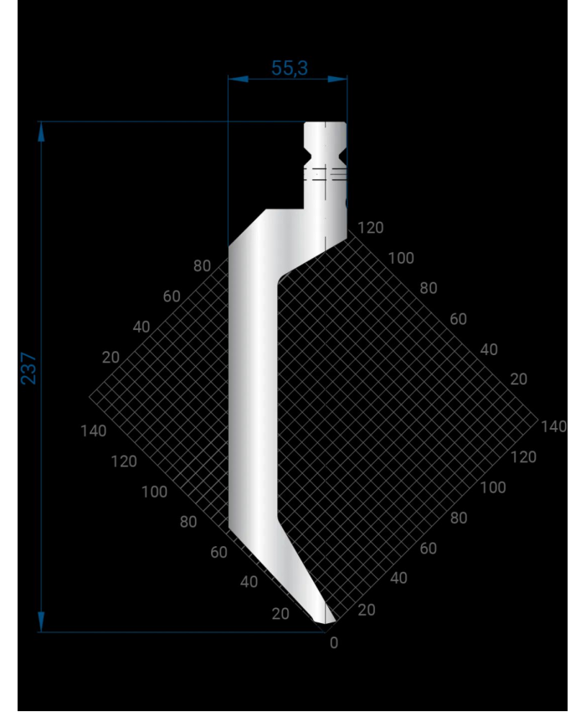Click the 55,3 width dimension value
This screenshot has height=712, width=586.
pyautogui.click(x=290, y=68)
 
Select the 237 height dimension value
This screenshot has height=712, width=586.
pyautogui.click(x=28, y=369)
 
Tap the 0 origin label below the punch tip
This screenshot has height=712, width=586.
pyautogui.click(x=334, y=642)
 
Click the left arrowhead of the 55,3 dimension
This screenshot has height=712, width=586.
pyautogui.click(x=238, y=79)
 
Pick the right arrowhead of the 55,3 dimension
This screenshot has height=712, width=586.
pyautogui.click(x=337, y=79)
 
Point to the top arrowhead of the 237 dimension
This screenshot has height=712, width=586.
pyautogui.click(x=41, y=132)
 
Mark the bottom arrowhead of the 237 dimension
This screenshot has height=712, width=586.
pyautogui.click(x=41, y=622)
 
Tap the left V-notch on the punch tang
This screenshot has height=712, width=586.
pyautogui.click(x=308, y=155)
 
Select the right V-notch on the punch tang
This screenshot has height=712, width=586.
pyautogui.click(x=342, y=155)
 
